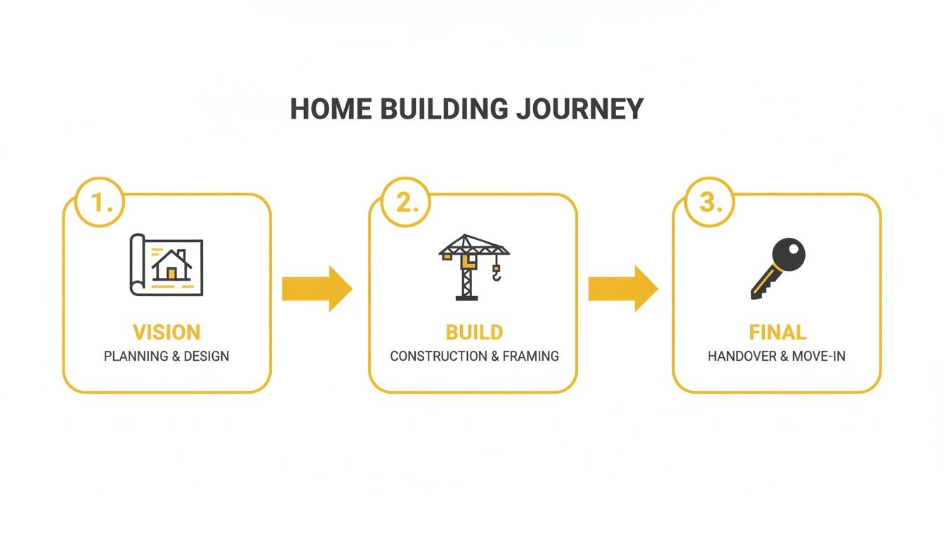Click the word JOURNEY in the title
(579, 109)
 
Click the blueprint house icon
(166, 265)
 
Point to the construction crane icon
(472, 266)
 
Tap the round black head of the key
(788, 254)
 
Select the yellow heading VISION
(166, 332)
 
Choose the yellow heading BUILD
(474, 332)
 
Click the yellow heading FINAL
(778, 332)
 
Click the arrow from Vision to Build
(317, 288)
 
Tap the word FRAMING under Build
(531, 357)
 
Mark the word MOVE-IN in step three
(819, 357)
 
